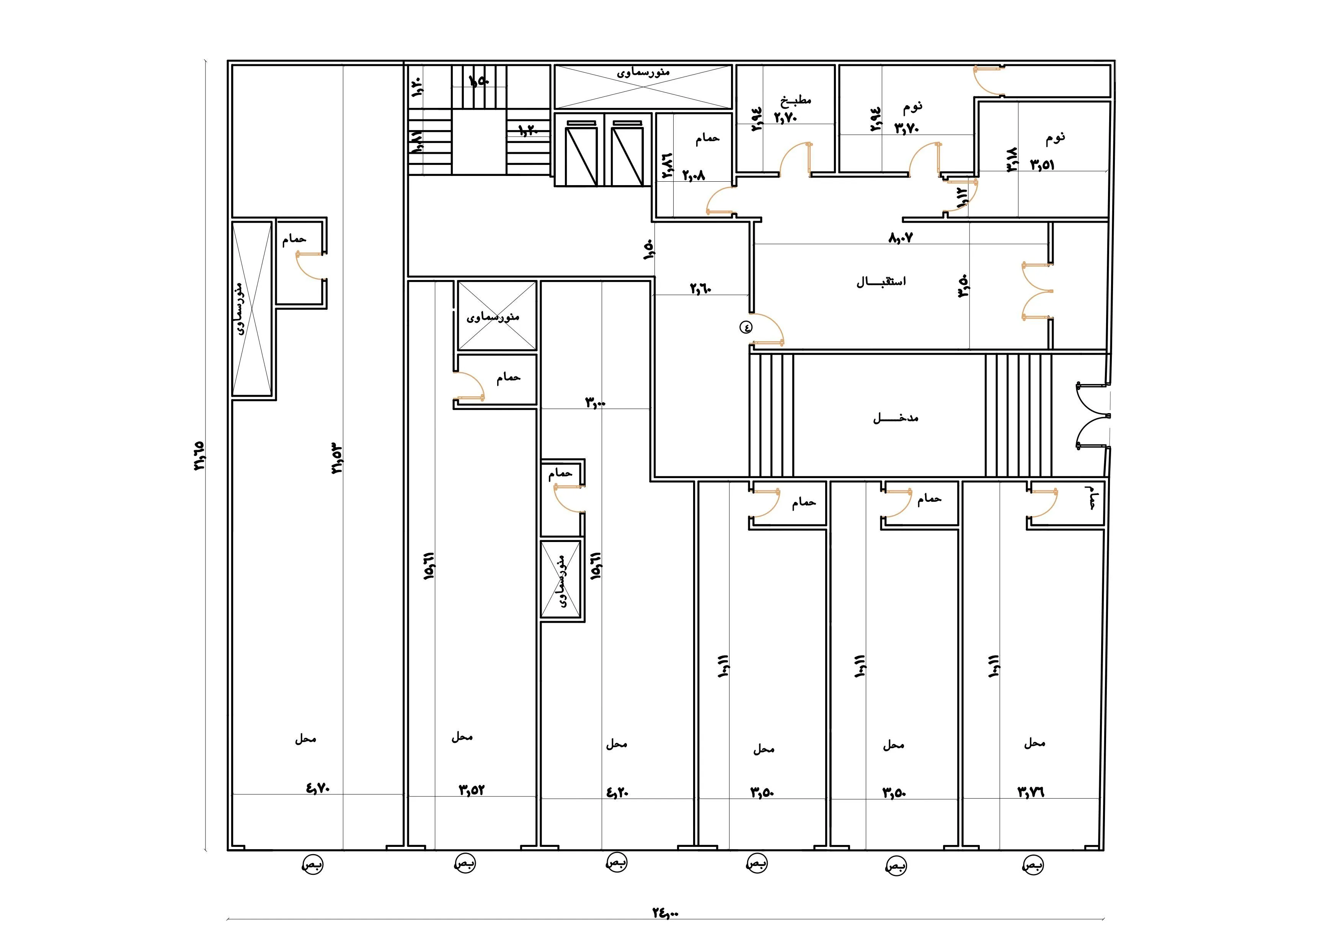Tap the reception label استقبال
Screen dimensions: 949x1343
881,282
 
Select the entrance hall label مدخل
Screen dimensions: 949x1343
896,418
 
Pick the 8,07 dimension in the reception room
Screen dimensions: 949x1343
901,238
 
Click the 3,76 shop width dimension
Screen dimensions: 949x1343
1031,792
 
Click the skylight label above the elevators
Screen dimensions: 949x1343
643,73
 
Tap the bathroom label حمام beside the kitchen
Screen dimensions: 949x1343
707,138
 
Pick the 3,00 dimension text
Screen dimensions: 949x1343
596,402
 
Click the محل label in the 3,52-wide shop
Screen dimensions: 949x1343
462,737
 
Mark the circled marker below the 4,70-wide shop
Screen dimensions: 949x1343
312,864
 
